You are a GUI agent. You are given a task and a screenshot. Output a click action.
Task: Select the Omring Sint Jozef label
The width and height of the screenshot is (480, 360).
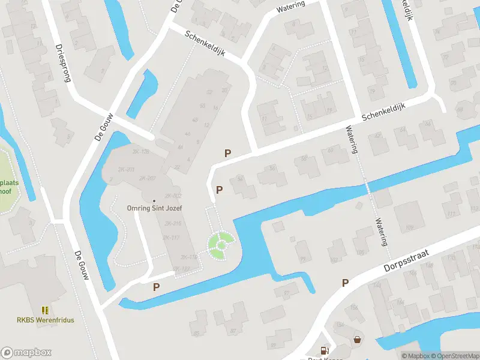(x=154, y=208)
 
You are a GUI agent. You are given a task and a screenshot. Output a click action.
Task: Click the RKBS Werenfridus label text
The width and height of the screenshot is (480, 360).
(x=46, y=320)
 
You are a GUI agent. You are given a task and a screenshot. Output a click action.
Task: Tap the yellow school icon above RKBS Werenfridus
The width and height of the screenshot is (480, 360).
(x=46, y=310)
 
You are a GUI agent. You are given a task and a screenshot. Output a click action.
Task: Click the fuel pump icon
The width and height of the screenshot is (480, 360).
(x=325, y=349)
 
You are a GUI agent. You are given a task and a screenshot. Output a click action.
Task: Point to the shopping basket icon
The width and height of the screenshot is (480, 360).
(x=358, y=339)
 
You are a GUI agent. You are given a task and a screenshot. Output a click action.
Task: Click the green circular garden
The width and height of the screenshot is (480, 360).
(x=221, y=244)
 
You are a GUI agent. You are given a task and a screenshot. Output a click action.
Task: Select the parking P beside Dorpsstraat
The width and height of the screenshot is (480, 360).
(x=345, y=283)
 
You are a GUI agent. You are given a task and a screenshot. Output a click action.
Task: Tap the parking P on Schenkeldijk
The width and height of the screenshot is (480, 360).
(x=227, y=153)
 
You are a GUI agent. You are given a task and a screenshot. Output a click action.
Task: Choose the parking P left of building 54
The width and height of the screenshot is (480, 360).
(x=220, y=190)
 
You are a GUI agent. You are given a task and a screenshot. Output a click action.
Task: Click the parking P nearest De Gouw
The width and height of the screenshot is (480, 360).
(x=156, y=287)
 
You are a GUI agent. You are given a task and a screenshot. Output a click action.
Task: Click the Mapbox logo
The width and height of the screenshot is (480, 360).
(x=26, y=353)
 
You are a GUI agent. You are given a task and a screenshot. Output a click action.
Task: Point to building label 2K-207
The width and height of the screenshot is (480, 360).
(x=147, y=178)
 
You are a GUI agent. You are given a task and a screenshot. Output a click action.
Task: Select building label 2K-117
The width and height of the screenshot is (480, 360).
(x=170, y=238)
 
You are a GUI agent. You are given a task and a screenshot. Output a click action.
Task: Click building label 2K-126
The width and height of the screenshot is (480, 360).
(x=141, y=151)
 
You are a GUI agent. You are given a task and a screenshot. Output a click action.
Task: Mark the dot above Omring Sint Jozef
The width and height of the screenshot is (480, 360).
(x=154, y=200)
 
